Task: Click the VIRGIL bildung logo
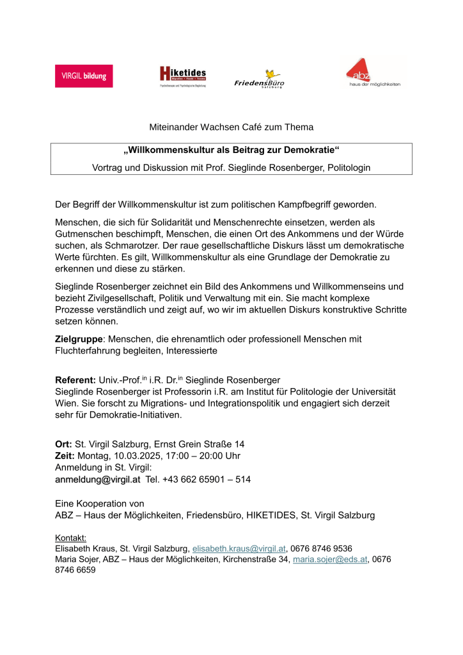tap(83, 76)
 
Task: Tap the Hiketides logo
tap(183, 76)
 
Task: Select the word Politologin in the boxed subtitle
tap(349, 167)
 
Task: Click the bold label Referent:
tap(76, 380)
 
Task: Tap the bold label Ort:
tap(64, 444)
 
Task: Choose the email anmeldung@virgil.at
tap(98, 479)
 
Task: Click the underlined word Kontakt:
tap(71, 538)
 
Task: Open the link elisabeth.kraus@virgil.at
tap(239, 549)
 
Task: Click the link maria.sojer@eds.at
tap(330, 560)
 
